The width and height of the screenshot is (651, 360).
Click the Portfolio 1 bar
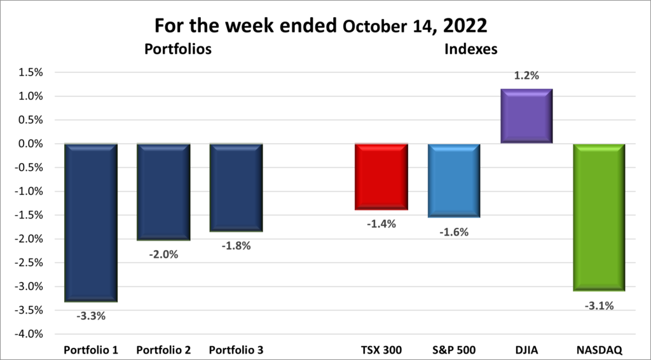click(91, 222)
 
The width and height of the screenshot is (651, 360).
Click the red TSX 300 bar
click(381, 177)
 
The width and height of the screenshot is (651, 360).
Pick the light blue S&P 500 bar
click(453, 181)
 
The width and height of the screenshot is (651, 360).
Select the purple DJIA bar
click(526, 116)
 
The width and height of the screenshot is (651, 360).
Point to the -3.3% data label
click(91, 314)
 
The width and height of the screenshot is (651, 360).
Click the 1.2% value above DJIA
click(526, 76)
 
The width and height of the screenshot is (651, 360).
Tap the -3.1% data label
click(598, 306)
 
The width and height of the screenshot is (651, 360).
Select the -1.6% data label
click(453, 232)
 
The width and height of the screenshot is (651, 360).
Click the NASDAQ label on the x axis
click(598, 350)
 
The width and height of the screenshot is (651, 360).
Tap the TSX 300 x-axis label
click(381, 350)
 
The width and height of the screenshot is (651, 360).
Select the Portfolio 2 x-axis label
click(163, 350)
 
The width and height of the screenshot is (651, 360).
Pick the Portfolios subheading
click(177, 48)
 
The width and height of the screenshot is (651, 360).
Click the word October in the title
click(374, 27)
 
